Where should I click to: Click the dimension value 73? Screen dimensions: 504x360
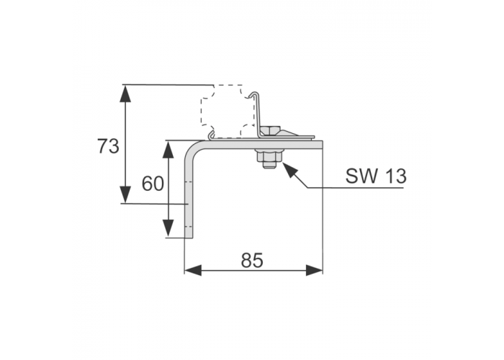coord(108,146)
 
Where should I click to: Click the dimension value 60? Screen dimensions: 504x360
coord(153,184)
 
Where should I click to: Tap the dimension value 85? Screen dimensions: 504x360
coord(252,261)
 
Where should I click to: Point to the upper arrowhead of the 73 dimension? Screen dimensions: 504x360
coord(125,94)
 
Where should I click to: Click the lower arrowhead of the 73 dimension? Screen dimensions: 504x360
coord(125,194)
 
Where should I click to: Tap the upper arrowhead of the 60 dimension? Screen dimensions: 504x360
coord(168,149)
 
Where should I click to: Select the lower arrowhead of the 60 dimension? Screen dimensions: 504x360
coord(168,229)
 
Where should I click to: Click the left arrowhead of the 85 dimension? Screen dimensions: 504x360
coord(193,270)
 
